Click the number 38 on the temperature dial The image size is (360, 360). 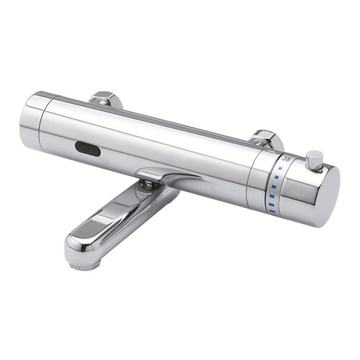coord(286,158)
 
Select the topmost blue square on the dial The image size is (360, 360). coord(280,170)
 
